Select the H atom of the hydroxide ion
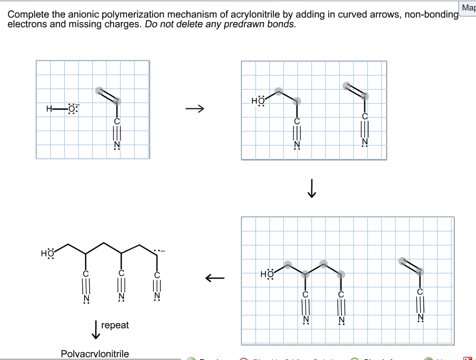[x=49, y=109]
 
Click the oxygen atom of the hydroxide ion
[x=72, y=109]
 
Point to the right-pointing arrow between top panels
[x=194, y=109]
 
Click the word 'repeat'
[x=115, y=325]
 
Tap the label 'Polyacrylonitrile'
[x=95, y=354]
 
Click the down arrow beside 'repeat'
[x=95, y=329]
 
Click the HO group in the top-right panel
[x=257, y=101]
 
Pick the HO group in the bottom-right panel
[x=267, y=274]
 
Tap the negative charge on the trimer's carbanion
[x=163, y=252]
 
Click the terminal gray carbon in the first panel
[x=99, y=91]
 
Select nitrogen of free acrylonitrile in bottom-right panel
[x=421, y=318]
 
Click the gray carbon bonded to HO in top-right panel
[x=278, y=91]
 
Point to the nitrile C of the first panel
[x=117, y=121]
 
